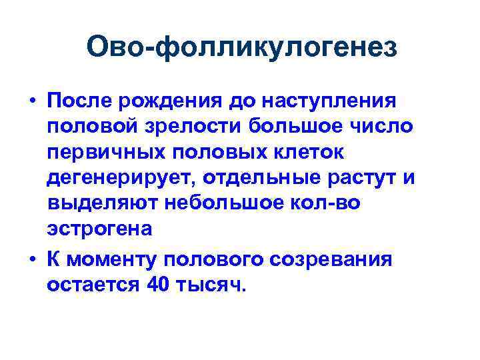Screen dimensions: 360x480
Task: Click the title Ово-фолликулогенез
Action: [x=241, y=47]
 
